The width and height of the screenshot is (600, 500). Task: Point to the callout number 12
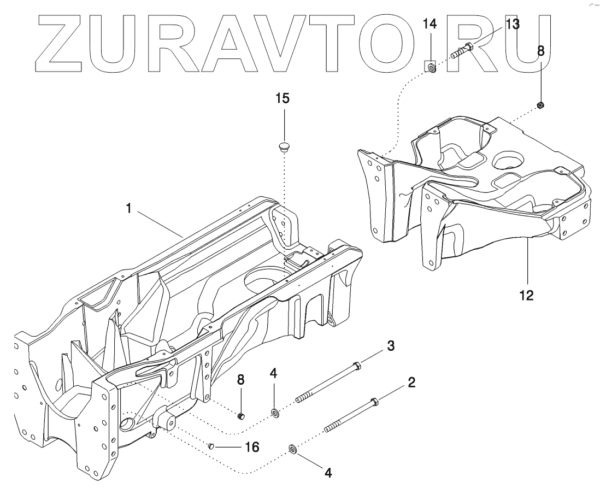tap(526, 296)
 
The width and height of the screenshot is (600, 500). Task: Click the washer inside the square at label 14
tap(431, 68)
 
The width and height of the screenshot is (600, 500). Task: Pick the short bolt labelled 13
tap(462, 51)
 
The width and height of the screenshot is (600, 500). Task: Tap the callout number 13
tap(512, 24)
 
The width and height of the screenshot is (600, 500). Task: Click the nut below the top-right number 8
tap(540, 105)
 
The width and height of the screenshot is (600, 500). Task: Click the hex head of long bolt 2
tap(375, 403)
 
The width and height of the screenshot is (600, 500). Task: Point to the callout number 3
tap(390, 346)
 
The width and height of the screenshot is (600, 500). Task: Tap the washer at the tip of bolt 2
tap(293, 450)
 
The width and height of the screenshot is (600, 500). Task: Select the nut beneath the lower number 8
tap(242, 417)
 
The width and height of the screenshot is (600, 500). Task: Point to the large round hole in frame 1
tap(267, 279)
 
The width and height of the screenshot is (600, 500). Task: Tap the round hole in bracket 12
tap(509, 162)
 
